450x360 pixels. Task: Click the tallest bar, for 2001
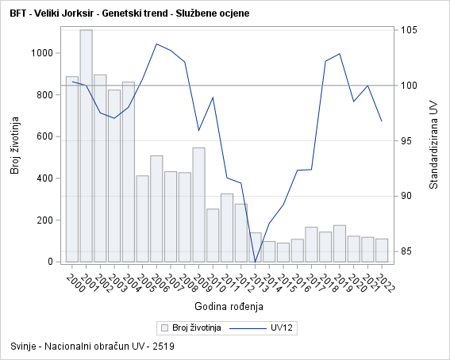tap(86, 146)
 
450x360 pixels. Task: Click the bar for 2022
tap(382, 250)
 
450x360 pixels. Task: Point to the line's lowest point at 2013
tap(256, 262)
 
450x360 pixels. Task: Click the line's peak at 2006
tap(156, 44)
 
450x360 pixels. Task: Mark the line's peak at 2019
tap(340, 54)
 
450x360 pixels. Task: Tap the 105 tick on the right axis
tap(409, 30)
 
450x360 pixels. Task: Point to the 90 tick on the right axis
tap(406, 196)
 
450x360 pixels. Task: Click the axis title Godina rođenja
tap(228, 306)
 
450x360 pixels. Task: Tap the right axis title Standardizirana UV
tap(433, 143)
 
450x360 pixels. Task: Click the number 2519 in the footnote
tap(163, 347)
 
